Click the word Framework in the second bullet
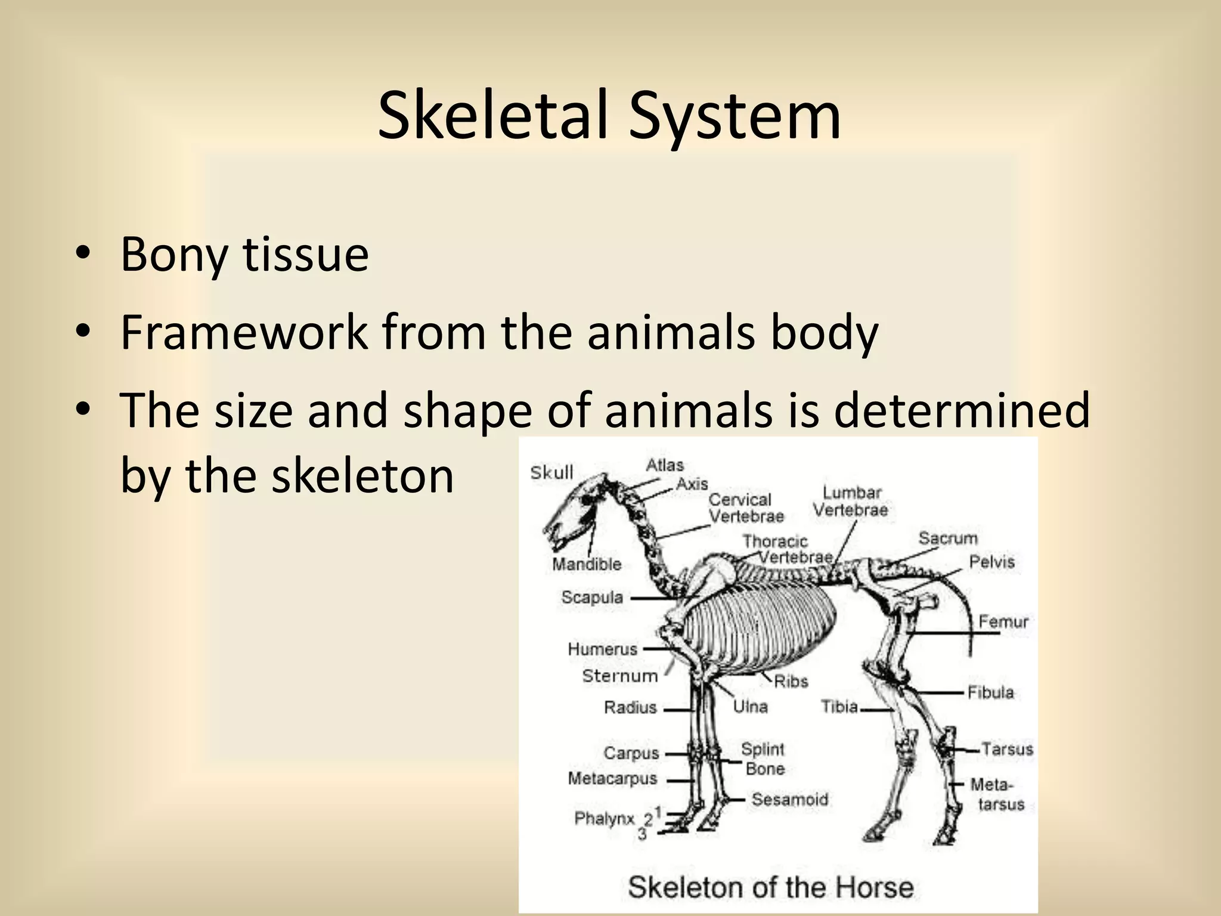click(x=244, y=332)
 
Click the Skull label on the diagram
click(x=551, y=473)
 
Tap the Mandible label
click(x=587, y=564)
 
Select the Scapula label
click(x=592, y=597)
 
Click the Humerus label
click(x=603, y=649)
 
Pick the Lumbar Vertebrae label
click(x=851, y=501)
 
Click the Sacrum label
click(x=948, y=539)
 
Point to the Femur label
click(x=1003, y=622)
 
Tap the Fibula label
click(x=990, y=692)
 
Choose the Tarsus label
click(x=1007, y=748)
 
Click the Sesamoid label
click(x=790, y=799)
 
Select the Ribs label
click(x=791, y=681)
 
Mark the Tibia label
click(x=839, y=707)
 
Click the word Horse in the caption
click(x=874, y=887)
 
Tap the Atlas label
click(x=665, y=465)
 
